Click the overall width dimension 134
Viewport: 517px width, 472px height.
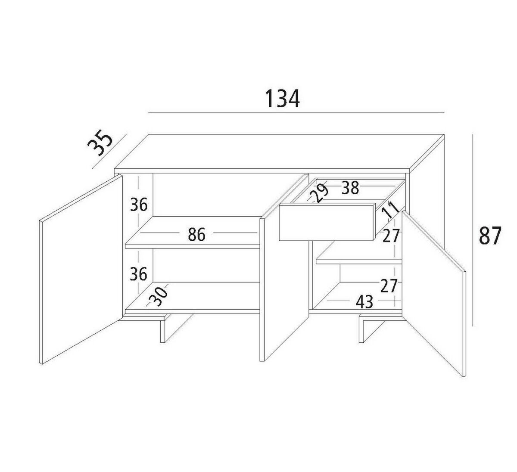[282, 99]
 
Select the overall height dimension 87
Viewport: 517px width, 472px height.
[490, 235]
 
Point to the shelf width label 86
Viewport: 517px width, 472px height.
[196, 234]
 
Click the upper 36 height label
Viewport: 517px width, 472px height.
[139, 205]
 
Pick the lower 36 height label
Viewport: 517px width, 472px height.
[138, 274]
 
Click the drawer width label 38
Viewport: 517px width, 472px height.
[350, 188]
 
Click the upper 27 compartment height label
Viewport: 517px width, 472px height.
[391, 236]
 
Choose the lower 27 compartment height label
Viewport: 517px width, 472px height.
[389, 286]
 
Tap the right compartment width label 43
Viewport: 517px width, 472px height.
[364, 302]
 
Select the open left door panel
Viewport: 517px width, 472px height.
[81, 269]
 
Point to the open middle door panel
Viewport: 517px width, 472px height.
[284, 267]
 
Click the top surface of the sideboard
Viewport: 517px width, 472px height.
[279, 152]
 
